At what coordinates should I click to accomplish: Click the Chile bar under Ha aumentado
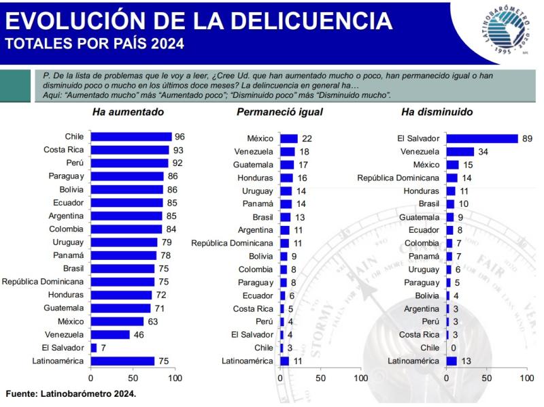point(131,137)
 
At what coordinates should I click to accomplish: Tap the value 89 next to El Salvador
point(527,138)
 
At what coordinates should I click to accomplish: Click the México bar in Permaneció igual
point(289,138)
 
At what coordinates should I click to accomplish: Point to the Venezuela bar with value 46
point(109,335)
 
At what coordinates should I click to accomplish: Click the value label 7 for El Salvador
point(103,348)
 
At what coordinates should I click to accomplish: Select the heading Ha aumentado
point(128,112)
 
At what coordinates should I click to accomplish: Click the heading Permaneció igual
point(279,112)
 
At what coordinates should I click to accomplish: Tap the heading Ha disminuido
point(437,112)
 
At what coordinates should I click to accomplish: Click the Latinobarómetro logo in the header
point(498,30)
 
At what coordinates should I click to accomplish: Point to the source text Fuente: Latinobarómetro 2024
point(71,393)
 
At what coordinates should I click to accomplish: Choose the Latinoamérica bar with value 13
point(452,361)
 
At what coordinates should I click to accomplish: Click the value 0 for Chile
point(452,348)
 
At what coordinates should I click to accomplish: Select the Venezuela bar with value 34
point(460,151)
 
